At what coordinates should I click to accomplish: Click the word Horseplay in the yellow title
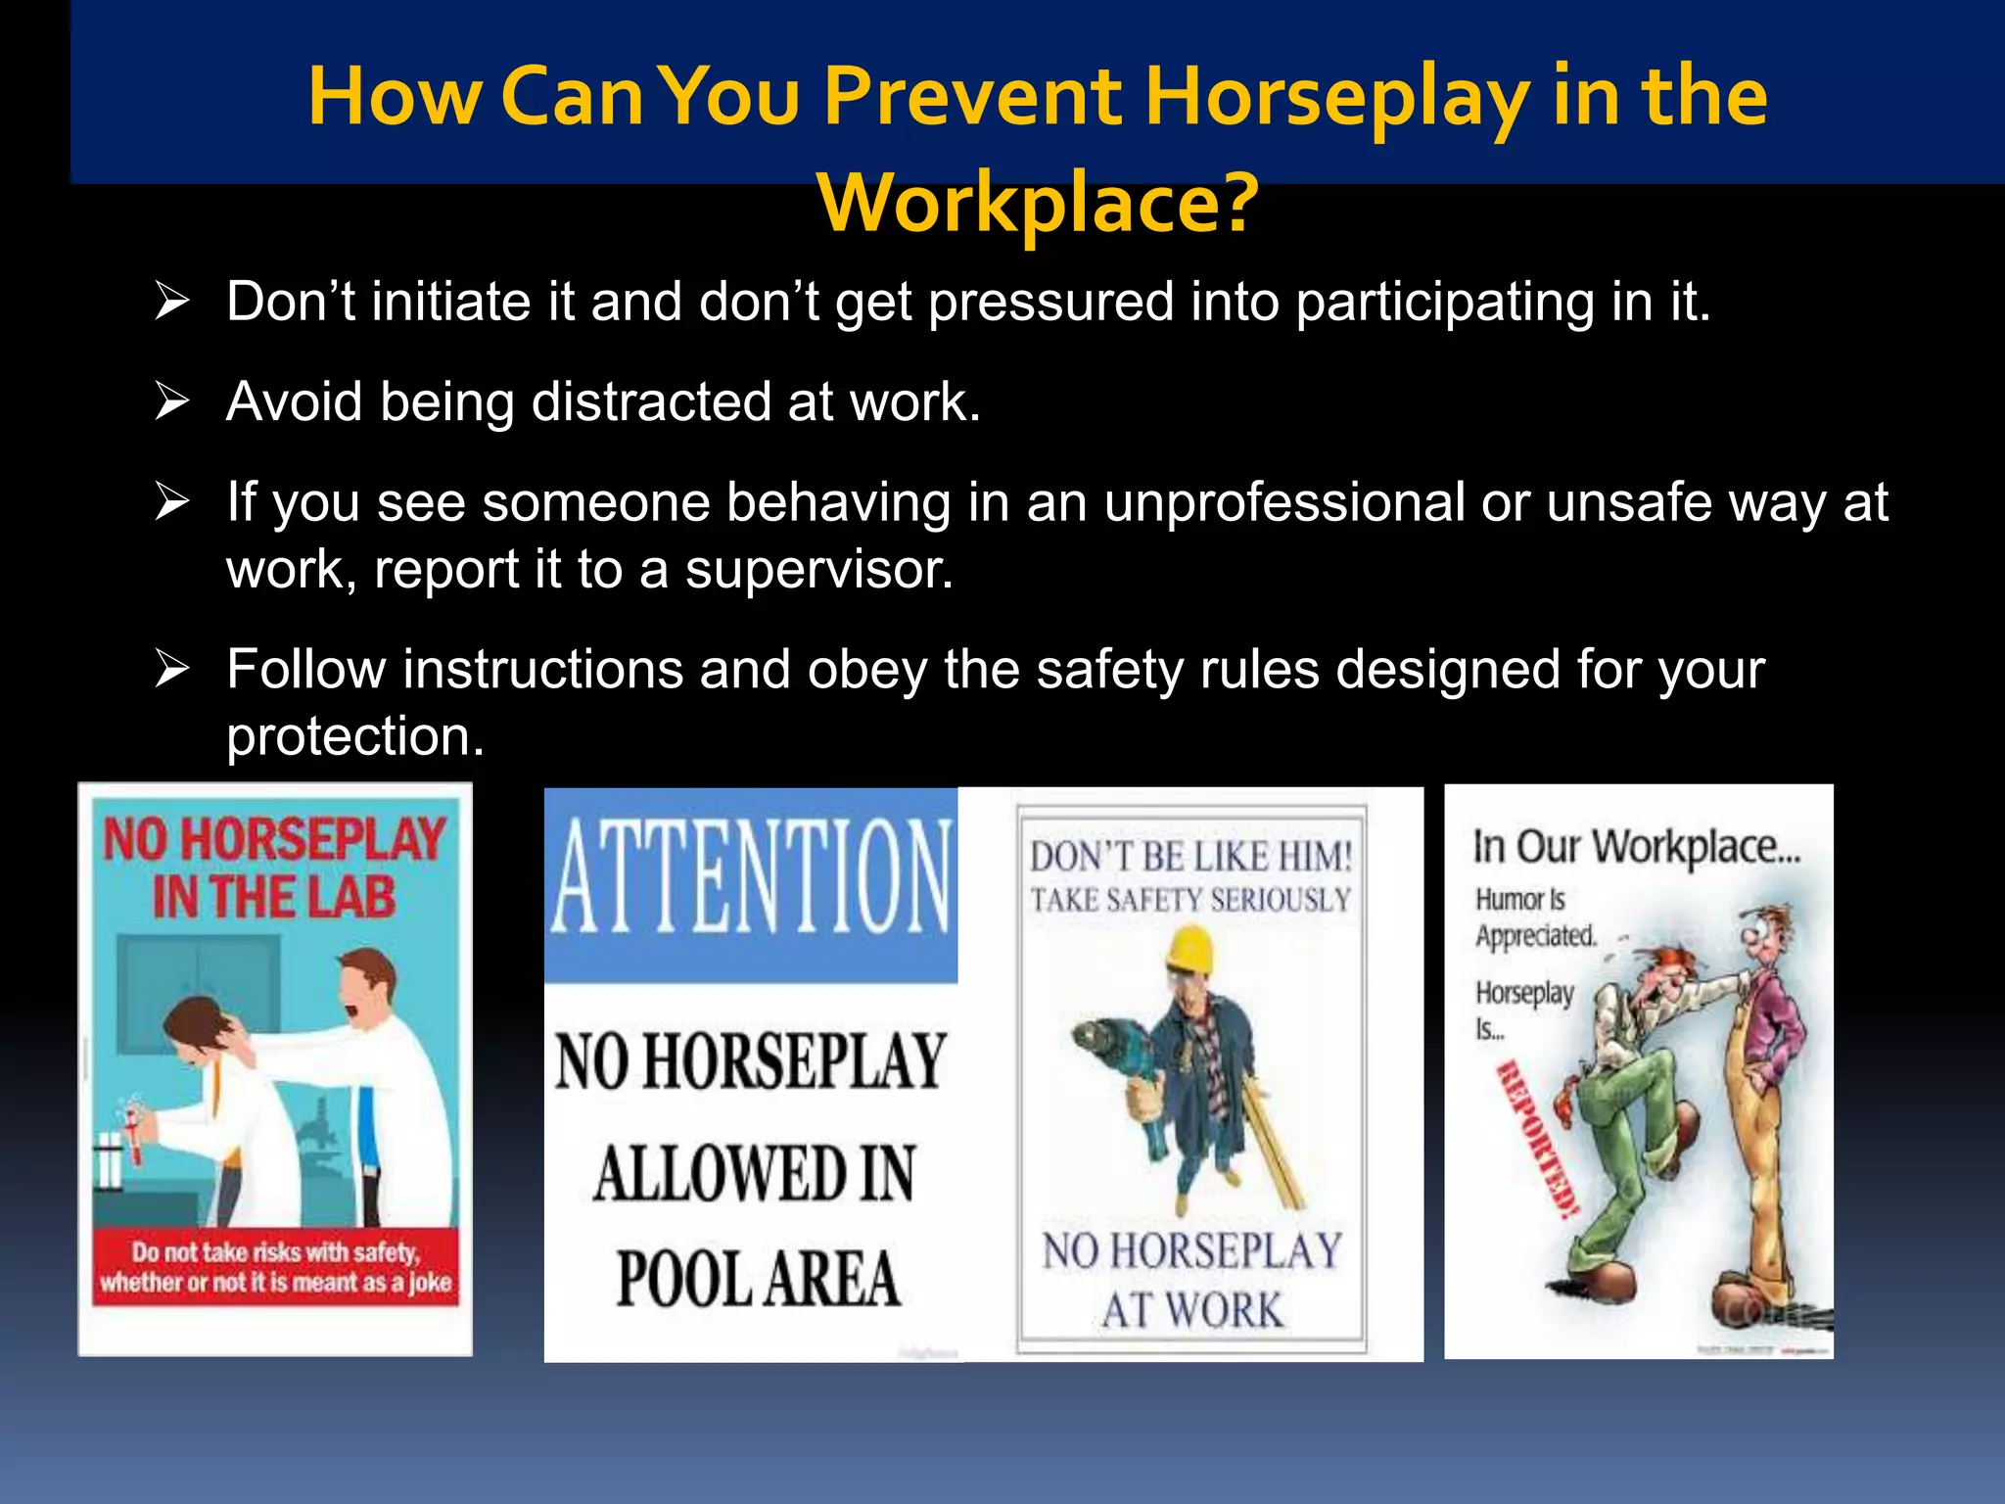coord(1336,98)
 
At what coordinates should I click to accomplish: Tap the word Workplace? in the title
coord(1038,204)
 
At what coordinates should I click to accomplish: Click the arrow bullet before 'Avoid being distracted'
coord(172,401)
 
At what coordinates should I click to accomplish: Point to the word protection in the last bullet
coord(355,736)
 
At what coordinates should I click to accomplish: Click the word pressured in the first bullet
coord(1050,302)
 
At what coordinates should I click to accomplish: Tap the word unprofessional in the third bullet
coord(1283,503)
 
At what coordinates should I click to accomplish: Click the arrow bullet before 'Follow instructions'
coord(172,670)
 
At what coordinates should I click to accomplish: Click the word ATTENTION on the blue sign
coord(751,877)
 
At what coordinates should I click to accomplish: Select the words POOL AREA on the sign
coord(758,1279)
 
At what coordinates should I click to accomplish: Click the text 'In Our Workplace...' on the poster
coord(1636,846)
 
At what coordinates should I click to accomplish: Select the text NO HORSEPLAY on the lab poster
coord(274,840)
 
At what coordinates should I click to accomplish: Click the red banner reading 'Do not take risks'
coord(276,1266)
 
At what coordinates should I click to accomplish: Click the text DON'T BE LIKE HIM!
coord(1190,858)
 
